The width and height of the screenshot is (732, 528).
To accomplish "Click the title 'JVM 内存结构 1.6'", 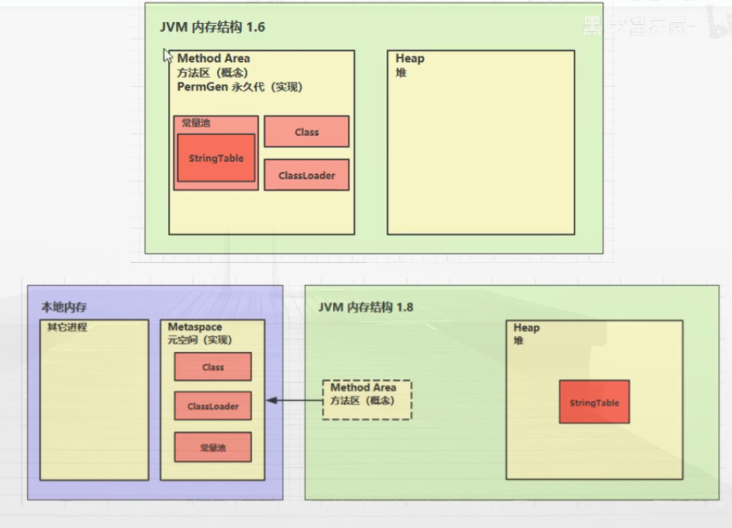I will click(212, 28).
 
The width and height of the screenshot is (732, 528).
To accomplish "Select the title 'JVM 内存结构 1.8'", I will click(366, 307).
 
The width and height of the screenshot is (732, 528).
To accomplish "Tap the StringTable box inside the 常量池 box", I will click(216, 158).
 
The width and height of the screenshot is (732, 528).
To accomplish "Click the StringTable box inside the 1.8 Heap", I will click(594, 403).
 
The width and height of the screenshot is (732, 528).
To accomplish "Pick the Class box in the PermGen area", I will click(306, 132).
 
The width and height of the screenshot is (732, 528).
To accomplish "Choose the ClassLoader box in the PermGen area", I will click(306, 175).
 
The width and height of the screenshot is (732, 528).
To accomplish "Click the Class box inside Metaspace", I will click(212, 367).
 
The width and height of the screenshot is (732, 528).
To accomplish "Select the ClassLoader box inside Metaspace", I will click(212, 406).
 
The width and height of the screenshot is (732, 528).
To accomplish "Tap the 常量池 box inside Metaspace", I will click(212, 447).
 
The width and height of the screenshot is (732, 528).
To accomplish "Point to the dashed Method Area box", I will click(366, 399).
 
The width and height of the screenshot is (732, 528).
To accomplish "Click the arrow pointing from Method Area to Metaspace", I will click(294, 401).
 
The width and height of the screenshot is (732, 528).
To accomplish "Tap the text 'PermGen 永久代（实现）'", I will click(239, 87).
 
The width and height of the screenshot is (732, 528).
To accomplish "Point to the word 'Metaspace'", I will click(195, 327).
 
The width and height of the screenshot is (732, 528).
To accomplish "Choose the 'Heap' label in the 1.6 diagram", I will click(410, 58).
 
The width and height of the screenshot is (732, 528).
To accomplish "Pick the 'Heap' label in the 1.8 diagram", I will click(527, 328).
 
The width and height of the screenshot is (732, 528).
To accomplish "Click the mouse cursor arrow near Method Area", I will click(167, 55).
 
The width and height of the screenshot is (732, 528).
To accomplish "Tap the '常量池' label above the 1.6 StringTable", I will click(196, 123).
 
